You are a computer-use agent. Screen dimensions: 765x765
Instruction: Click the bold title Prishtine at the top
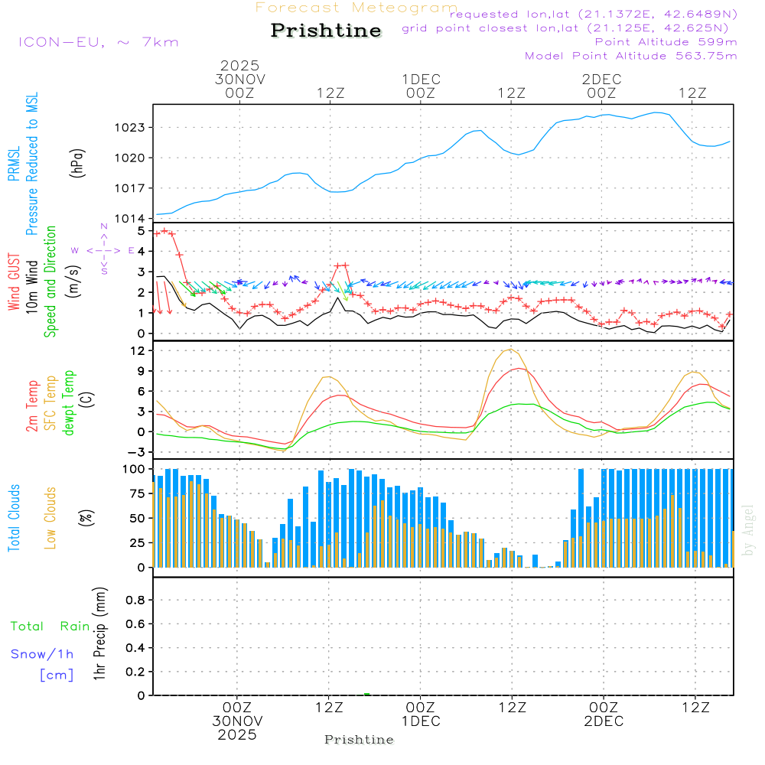pos(326,31)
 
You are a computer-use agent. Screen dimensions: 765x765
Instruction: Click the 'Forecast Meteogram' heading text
pos(356,8)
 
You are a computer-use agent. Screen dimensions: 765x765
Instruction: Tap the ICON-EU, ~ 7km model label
pos(98,42)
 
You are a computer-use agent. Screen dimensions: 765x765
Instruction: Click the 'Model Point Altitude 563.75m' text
pos(630,56)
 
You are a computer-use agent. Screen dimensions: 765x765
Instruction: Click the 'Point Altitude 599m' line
pos(666,42)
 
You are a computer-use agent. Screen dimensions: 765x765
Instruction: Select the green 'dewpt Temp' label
pos(69,402)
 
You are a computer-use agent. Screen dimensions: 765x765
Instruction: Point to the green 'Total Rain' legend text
pos(50,627)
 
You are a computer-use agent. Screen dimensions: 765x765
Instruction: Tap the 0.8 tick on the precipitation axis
pos(135,601)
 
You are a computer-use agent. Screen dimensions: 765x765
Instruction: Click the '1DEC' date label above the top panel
pos(421,80)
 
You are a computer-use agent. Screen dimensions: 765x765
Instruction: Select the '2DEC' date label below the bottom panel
pos(603,721)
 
